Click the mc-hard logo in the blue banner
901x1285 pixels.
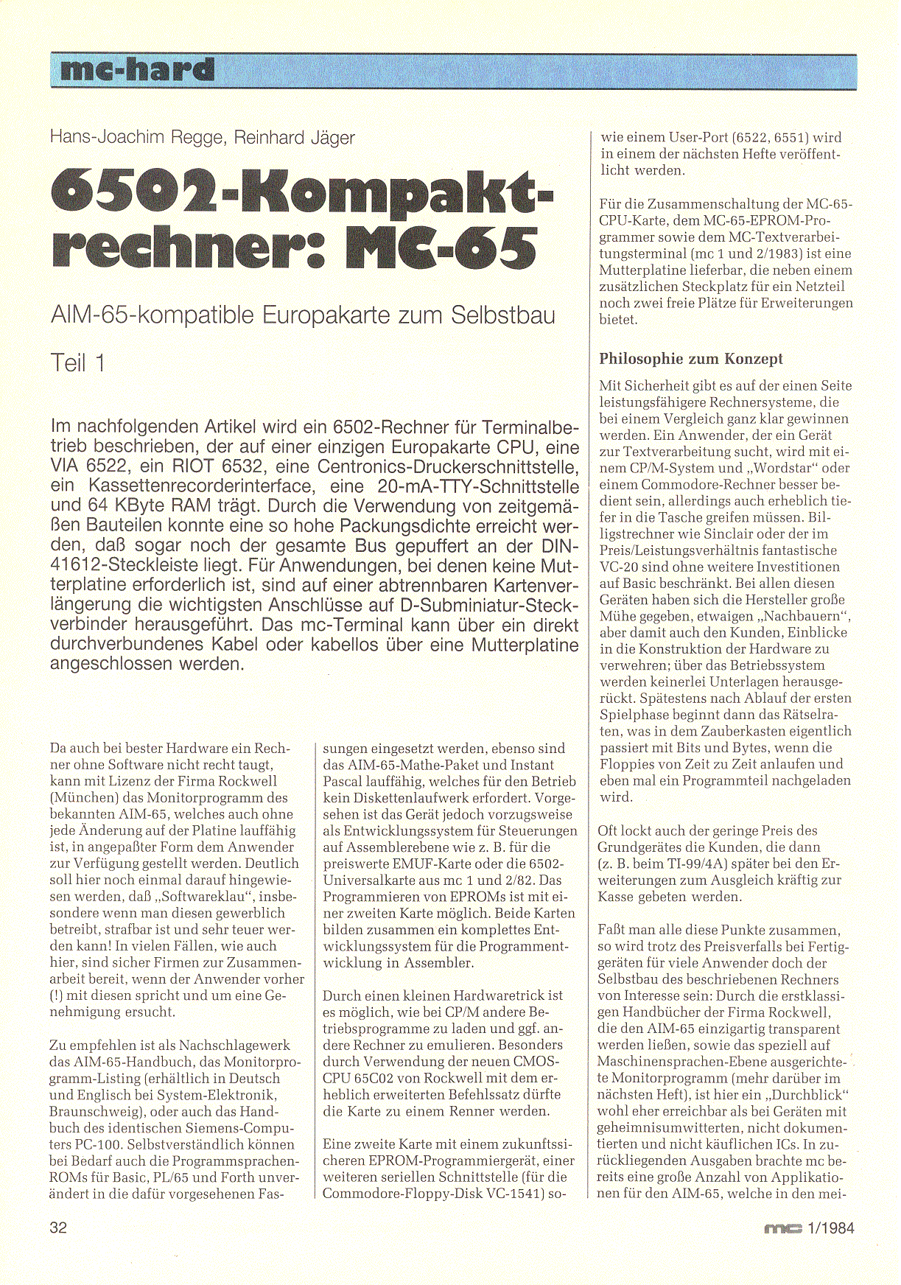pos(138,70)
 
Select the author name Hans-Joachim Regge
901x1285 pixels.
pos(137,138)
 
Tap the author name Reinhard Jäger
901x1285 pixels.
pos(295,138)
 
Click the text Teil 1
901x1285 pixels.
pos(78,363)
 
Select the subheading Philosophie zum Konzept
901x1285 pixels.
pos(691,359)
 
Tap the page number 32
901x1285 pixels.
pos(58,1228)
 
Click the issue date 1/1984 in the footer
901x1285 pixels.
pos(830,1228)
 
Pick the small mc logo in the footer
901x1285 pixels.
pos(782,1228)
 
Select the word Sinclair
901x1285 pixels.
pos(726,534)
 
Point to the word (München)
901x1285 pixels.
pos(81,798)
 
